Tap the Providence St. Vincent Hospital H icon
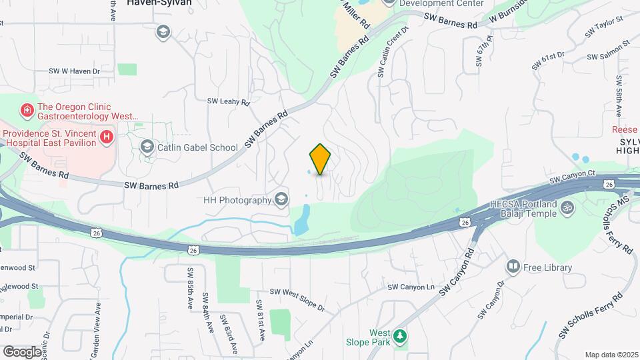coord(105,138)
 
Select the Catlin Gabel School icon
coord(147,147)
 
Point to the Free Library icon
coord(513,267)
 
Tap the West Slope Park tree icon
coord(399,336)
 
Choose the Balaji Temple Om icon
coord(567,208)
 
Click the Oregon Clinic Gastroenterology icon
coord(27,109)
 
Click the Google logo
coord(21,351)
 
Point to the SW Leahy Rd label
coord(228,102)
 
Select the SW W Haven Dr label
coord(74,71)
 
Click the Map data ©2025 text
coord(611,355)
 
